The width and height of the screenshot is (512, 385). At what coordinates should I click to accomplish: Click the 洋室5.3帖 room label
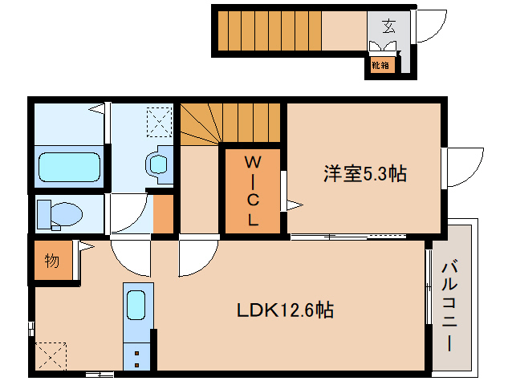pos(364,173)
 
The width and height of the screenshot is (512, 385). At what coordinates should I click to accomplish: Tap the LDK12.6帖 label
pos(285,309)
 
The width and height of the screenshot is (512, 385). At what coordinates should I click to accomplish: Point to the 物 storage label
pos(51,261)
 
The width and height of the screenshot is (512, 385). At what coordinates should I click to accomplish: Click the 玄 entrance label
pos(388,26)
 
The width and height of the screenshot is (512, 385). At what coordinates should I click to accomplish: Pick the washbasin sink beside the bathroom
pos(158,164)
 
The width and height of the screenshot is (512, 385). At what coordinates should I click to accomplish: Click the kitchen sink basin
pos(136,306)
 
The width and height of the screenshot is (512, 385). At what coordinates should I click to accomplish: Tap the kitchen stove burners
pos(136,355)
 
